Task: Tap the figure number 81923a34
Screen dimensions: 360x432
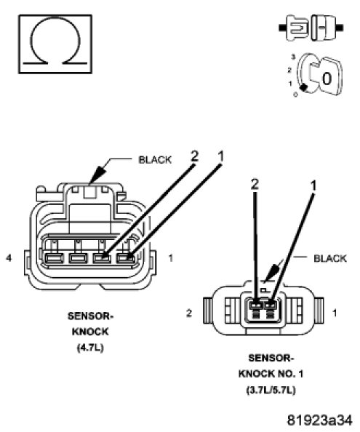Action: pyautogui.click(x=319, y=420)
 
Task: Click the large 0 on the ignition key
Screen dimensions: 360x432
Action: pyautogui.click(x=327, y=79)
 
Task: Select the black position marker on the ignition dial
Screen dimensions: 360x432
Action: pyautogui.click(x=303, y=87)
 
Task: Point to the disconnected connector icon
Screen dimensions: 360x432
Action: pyautogui.click(x=311, y=28)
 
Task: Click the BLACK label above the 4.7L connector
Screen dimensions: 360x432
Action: pyautogui.click(x=155, y=160)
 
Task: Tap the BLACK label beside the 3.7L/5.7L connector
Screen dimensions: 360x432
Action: pyautogui.click(x=330, y=258)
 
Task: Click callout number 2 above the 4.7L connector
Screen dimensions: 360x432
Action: pyautogui.click(x=194, y=156)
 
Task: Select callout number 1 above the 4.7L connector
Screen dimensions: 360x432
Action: pyautogui.click(x=221, y=156)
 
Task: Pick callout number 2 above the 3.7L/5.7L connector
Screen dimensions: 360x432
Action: pyautogui.click(x=255, y=184)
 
